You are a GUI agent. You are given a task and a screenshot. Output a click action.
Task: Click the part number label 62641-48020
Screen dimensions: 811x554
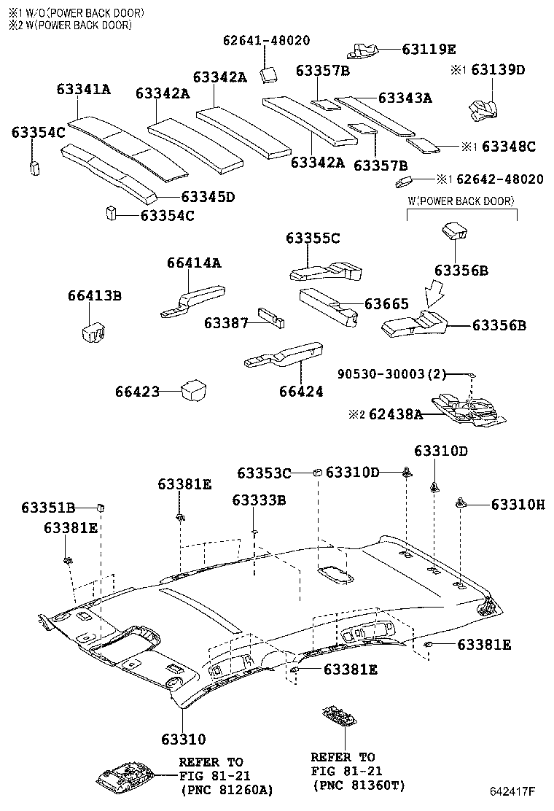pos(266,41)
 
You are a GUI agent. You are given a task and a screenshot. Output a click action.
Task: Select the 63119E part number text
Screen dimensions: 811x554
pos(429,50)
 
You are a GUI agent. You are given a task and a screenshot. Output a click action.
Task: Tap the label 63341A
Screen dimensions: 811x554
pos(84,89)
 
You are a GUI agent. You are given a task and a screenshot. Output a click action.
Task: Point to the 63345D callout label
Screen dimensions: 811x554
pos(208,197)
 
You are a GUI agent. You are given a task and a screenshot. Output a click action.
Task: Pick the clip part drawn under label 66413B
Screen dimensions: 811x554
pos(91,330)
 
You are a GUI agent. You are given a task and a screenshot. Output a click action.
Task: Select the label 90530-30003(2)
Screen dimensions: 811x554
pos(391,373)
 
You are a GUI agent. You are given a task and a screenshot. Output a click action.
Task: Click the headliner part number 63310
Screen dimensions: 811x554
pos(179,740)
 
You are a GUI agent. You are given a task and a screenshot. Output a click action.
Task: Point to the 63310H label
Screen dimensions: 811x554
pos(518,504)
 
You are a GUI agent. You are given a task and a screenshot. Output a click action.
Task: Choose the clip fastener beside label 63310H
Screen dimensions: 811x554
pos(461,502)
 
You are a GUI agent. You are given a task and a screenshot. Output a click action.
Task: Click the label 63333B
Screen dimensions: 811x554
pos(259,500)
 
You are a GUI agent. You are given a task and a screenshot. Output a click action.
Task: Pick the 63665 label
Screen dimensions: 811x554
pos(387,303)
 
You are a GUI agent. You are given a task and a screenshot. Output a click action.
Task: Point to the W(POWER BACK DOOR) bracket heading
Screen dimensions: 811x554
pos(460,201)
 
